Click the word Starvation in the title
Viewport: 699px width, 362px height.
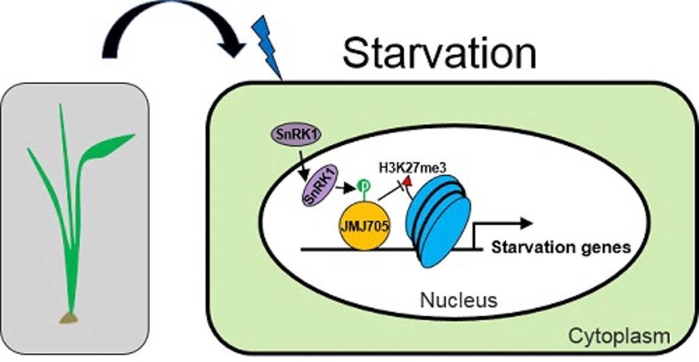[x=439, y=53]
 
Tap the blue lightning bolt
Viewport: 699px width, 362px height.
[x=266, y=46]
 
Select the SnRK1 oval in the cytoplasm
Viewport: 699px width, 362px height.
[x=295, y=135]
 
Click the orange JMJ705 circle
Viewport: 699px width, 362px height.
[x=364, y=226]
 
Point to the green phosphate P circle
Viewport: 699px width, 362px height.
[x=362, y=185]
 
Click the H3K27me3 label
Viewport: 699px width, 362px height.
[x=413, y=168]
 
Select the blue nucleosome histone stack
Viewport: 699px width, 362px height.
[x=438, y=221]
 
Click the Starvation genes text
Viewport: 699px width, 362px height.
[x=561, y=247]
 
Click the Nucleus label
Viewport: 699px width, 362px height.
[x=459, y=300]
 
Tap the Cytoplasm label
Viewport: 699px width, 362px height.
[x=619, y=336]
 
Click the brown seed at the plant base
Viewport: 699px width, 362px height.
[x=69, y=318]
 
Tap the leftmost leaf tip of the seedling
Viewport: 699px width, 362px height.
[x=28, y=149]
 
